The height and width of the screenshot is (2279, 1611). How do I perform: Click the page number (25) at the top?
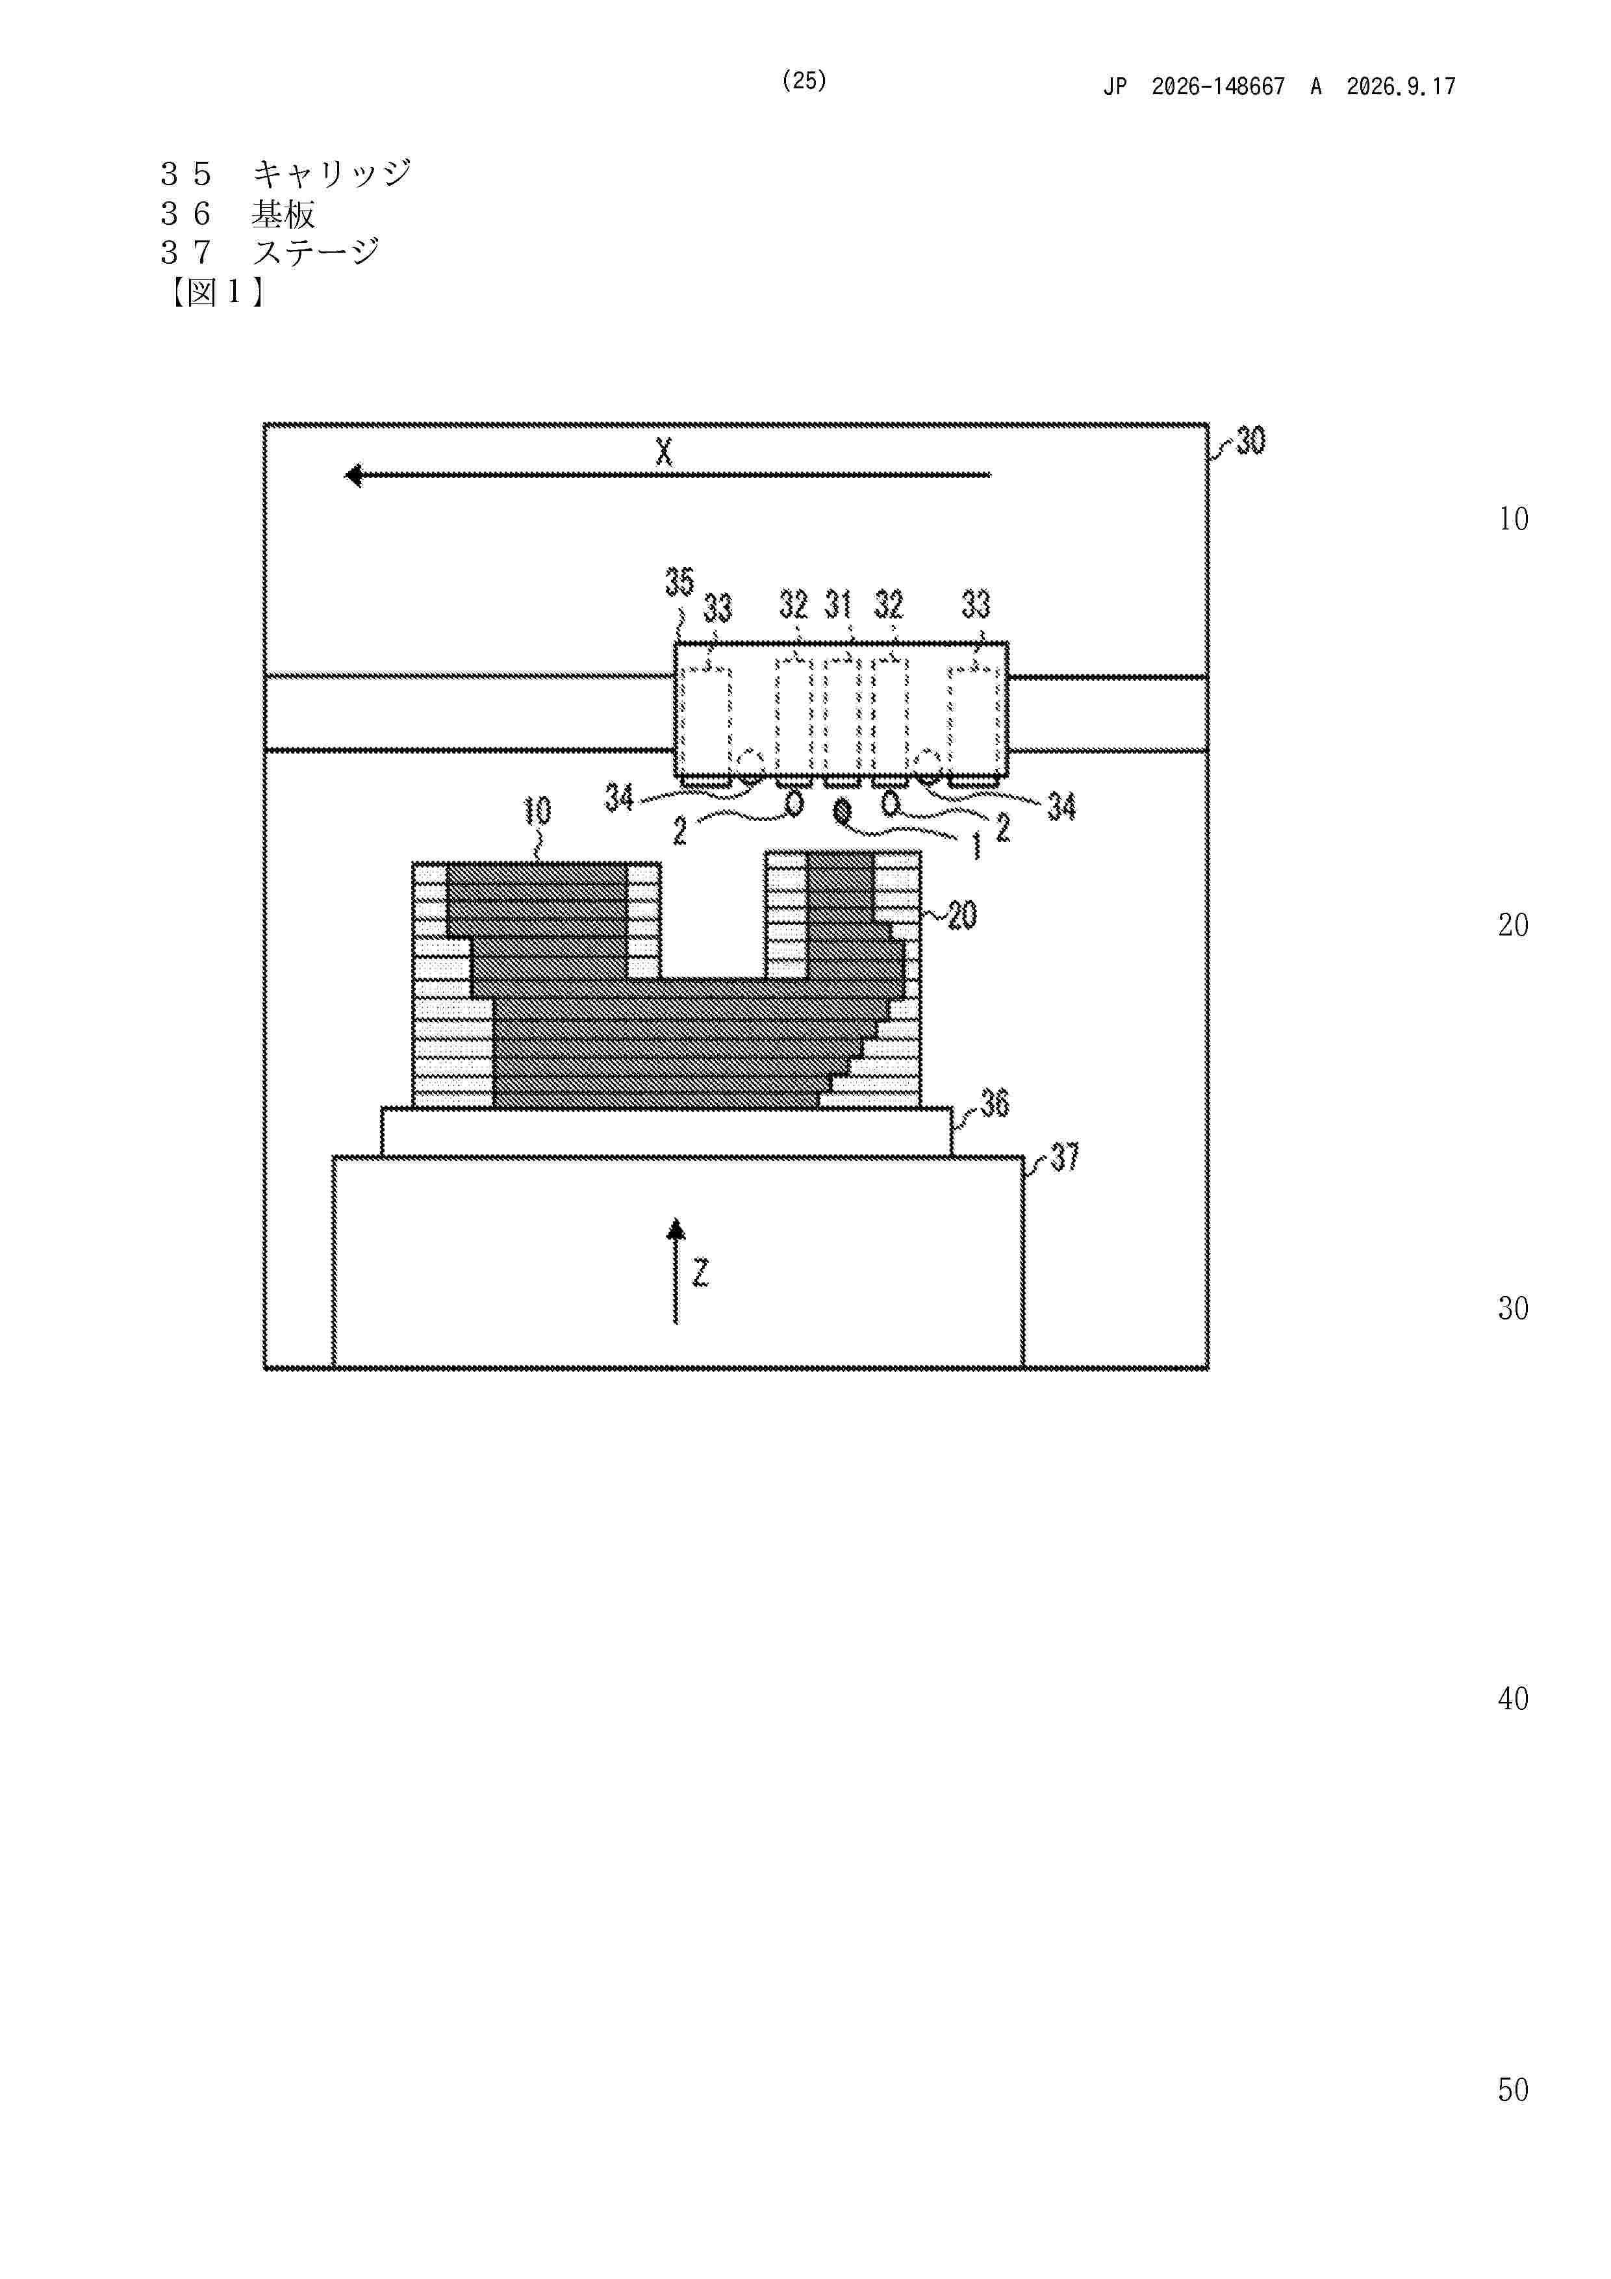[804, 81]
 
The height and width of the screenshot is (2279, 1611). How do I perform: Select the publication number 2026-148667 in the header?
[1218, 86]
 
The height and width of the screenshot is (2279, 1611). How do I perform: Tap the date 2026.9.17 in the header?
[1401, 86]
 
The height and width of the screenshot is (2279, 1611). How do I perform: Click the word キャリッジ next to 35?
[331, 173]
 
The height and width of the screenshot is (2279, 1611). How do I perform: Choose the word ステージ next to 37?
[316, 252]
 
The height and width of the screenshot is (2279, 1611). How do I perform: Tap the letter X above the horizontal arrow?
[664, 453]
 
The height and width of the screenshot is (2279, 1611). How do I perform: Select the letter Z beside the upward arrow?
[701, 1273]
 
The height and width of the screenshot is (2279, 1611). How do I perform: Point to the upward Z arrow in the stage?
[676, 1271]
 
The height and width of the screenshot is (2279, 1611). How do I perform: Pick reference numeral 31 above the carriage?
[839, 604]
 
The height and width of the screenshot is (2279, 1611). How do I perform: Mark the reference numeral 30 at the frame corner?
[1250, 440]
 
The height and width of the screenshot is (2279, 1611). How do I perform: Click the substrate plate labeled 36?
[666, 1132]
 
